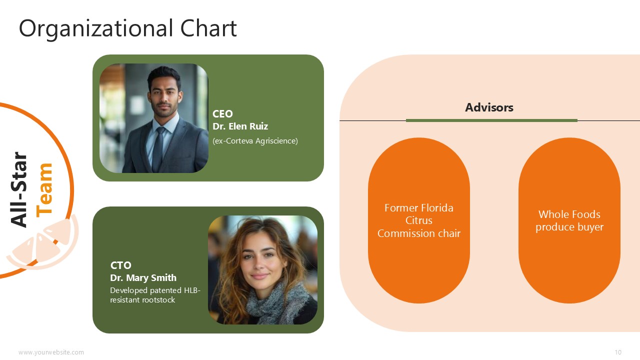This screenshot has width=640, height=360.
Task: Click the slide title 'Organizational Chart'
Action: [127, 28]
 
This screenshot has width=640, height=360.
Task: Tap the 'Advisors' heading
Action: [489, 107]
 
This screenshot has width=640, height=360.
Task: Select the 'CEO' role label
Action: [222, 113]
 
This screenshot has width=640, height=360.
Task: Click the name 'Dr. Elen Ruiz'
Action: [240, 126]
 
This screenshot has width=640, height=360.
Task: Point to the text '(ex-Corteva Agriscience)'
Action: [255, 141]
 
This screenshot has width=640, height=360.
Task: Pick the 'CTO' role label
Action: [121, 265]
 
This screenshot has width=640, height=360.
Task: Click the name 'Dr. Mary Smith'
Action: [143, 277]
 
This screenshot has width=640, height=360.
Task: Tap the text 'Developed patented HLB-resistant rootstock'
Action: [155, 295]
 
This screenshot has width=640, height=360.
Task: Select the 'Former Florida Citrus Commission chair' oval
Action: [419, 220]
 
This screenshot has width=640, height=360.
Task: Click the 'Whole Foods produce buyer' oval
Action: [569, 220]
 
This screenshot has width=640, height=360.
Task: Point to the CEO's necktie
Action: [159, 149]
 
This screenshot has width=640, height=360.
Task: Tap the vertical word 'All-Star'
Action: [19, 189]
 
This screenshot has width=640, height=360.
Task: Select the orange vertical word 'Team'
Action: [44, 190]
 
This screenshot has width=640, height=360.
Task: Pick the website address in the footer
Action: [51, 352]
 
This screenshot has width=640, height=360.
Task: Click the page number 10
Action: [618, 352]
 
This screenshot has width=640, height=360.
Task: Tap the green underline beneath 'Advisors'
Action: [491, 120]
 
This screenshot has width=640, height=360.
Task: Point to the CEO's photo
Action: [153, 118]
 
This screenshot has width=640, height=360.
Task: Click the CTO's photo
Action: [262, 270]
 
